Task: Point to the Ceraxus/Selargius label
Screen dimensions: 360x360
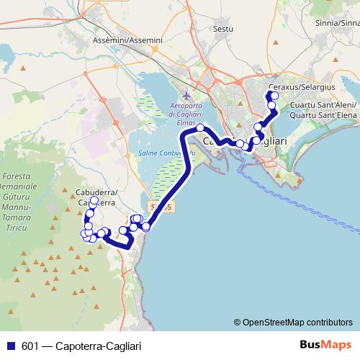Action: click(301, 87)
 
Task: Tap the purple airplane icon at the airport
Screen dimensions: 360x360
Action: click(188, 95)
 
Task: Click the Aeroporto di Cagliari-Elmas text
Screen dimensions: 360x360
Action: click(188, 113)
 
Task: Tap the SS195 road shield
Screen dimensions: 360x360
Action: click(163, 207)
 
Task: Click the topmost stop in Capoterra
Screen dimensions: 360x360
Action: click(93, 202)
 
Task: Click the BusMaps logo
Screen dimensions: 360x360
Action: click(326, 345)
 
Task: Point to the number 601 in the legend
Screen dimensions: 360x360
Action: click(30, 346)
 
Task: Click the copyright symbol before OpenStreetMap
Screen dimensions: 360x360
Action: click(238, 322)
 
